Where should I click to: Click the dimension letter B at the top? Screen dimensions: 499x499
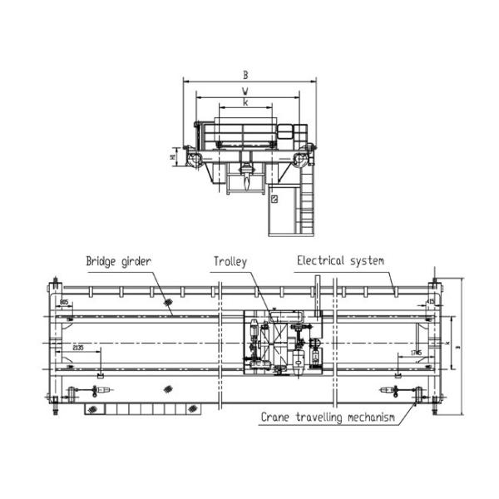(x=245, y=75)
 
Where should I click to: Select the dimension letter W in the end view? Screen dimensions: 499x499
(x=245, y=90)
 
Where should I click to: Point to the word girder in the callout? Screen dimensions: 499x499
(x=138, y=262)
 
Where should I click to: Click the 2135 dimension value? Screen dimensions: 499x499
(x=80, y=347)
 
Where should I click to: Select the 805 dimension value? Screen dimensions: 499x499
(x=65, y=301)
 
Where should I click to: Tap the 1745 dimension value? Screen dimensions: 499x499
(x=416, y=353)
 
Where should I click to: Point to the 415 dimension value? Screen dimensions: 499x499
(x=430, y=301)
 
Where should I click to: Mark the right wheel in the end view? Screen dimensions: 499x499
(x=305, y=158)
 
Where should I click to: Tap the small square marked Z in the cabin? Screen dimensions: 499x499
(x=273, y=200)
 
